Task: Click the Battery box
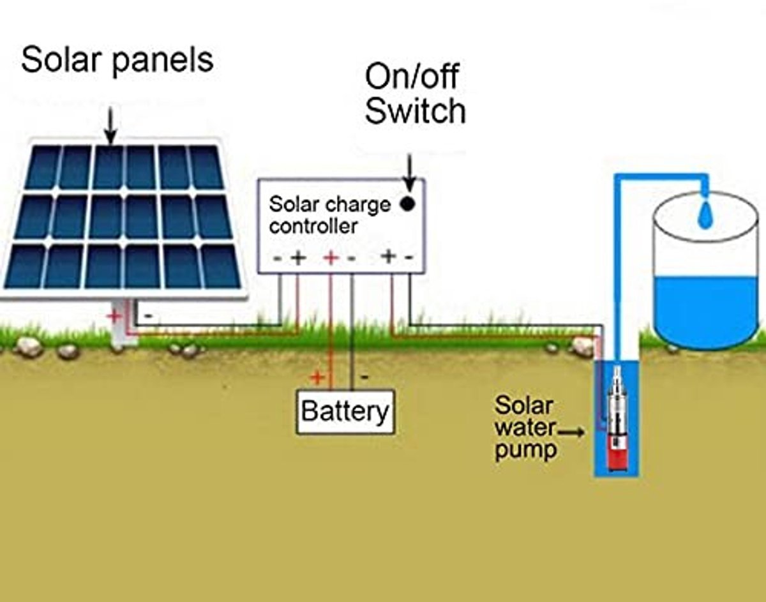point(345,412)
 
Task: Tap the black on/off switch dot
point(408,204)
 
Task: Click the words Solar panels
point(117,61)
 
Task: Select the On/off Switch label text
point(415,93)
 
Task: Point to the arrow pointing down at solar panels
point(110,126)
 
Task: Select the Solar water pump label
point(525,428)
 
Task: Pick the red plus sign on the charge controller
point(331,258)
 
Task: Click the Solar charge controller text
point(329,215)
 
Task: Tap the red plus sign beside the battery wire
point(317,377)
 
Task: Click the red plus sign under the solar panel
point(114,315)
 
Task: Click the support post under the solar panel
point(124,322)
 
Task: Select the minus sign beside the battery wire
point(364,377)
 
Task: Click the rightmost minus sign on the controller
point(409,258)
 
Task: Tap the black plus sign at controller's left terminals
point(298,258)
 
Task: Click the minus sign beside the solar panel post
point(148,315)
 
